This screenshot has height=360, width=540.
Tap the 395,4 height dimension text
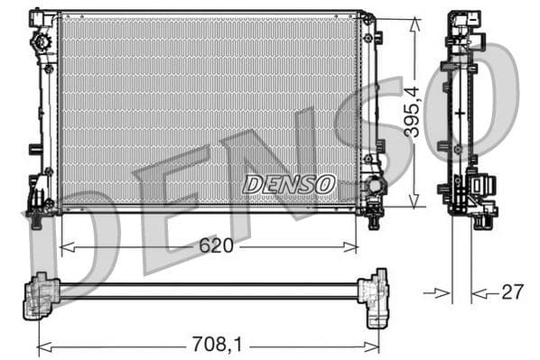(x=412, y=112)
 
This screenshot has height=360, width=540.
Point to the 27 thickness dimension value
(x=512, y=292)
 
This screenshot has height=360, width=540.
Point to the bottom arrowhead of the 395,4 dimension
(x=414, y=203)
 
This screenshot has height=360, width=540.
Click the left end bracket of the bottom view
(x=41, y=294)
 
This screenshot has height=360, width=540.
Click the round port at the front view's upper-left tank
(x=40, y=42)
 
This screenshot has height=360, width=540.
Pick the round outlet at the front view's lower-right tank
(x=374, y=188)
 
